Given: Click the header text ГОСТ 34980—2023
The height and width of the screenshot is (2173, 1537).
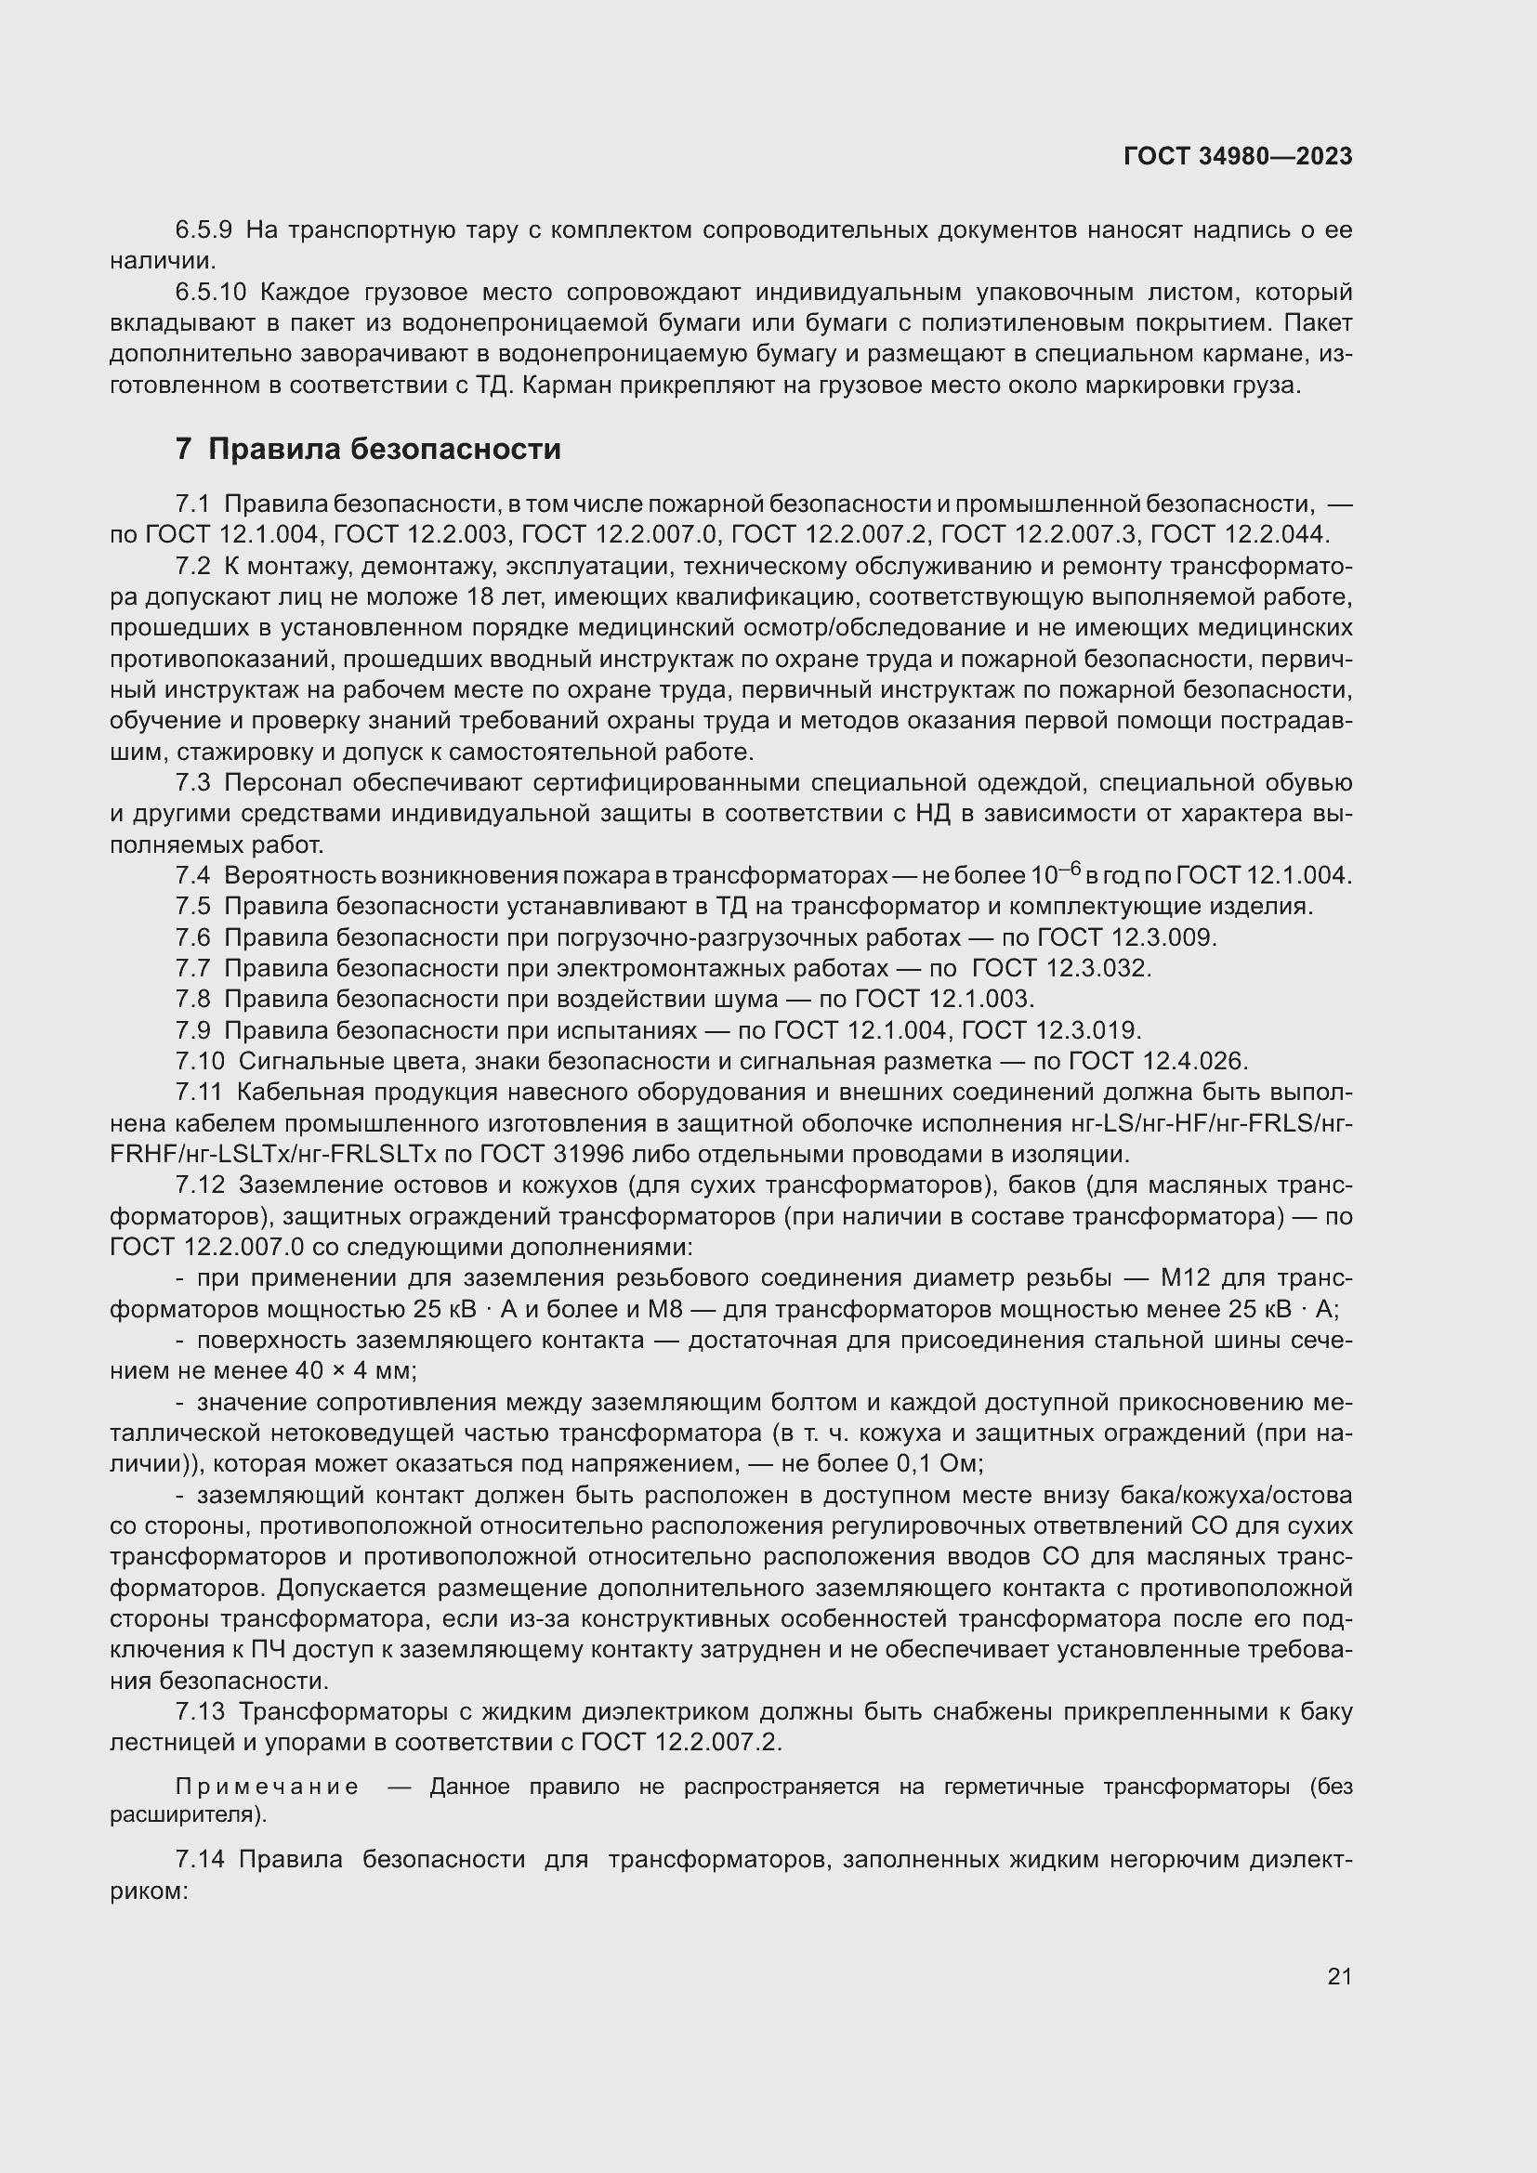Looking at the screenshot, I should [x=1237, y=156].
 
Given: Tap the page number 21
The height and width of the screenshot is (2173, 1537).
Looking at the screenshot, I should [x=1339, y=1976].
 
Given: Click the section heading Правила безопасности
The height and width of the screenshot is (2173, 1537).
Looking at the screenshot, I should [x=385, y=449].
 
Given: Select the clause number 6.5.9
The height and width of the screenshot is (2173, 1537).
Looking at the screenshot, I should [x=204, y=230].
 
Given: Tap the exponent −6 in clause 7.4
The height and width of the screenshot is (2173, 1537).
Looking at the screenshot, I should [x=1070, y=868].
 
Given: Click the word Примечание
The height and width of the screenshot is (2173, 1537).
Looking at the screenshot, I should [x=268, y=1787].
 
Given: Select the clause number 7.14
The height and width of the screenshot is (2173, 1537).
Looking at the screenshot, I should [x=200, y=1860].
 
